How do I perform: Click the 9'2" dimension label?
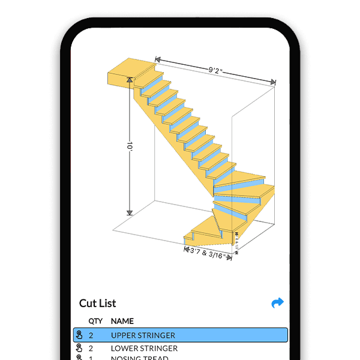(x=217, y=70)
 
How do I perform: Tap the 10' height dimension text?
(x=129, y=146)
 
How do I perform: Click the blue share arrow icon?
(x=277, y=303)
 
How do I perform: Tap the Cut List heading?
(x=97, y=303)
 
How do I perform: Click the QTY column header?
(x=95, y=321)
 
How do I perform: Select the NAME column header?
(x=122, y=321)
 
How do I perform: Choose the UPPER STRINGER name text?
(x=143, y=335)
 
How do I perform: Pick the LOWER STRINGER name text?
(x=144, y=348)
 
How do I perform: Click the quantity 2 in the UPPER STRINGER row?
(x=91, y=335)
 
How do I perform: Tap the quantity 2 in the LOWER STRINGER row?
(x=91, y=348)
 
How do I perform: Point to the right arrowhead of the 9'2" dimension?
(x=273, y=82)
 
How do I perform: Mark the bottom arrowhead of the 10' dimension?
(x=129, y=212)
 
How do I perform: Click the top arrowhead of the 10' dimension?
(x=129, y=80)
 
